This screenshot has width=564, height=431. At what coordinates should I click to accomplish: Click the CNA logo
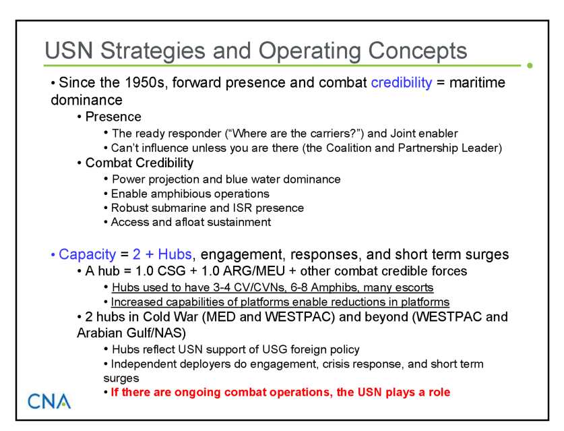click(x=49, y=401)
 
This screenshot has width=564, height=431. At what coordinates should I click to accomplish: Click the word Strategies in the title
click(x=152, y=51)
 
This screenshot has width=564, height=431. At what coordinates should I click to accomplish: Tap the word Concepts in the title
click(x=417, y=51)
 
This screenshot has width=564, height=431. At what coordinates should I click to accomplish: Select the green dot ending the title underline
click(x=530, y=65)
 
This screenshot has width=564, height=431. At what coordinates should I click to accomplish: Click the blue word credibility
click(x=402, y=83)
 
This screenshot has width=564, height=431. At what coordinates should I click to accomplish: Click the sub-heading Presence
click(x=113, y=117)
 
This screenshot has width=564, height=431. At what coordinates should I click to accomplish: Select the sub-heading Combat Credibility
click(x=139, y=163)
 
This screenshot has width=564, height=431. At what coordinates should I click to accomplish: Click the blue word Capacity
click(x=88, y=254)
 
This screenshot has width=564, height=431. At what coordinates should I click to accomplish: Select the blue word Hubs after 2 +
click(x=175, y=254)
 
